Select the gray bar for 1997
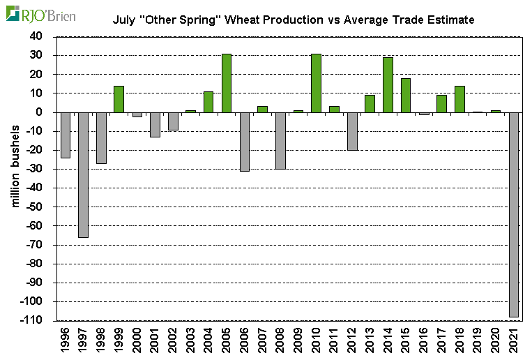83,174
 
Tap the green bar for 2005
227,83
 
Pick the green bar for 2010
316,83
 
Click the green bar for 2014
388,85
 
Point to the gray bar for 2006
244,142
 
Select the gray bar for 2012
352,131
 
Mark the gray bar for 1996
66,135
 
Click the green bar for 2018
459,99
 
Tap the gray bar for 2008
280,140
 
